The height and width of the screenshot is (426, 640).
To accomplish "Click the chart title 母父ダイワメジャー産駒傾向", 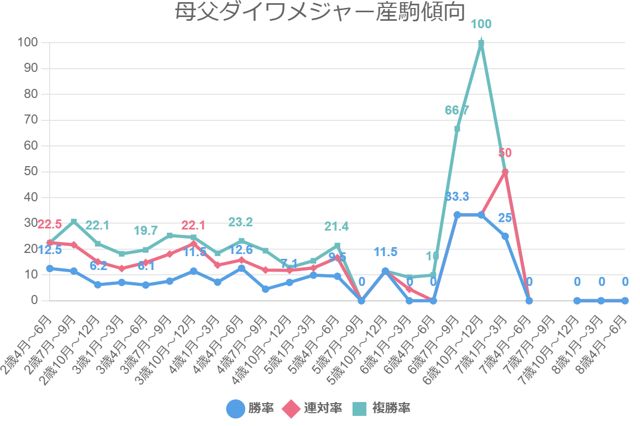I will pos(320,13).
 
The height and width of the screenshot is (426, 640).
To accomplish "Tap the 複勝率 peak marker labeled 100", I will pos(481,43).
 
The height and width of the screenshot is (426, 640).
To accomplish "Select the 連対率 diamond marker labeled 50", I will pos(505,171).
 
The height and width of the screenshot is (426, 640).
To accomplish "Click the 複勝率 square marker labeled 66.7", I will pos(457,128).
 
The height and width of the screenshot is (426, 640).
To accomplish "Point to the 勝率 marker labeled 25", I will pos(505,236).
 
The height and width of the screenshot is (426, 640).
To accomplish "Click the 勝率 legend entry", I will pos(251,408).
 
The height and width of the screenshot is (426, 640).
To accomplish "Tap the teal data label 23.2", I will pos(241,222).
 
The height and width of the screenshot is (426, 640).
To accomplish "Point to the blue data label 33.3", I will pos(457,196).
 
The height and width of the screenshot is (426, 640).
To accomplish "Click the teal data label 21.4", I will pos(337,226).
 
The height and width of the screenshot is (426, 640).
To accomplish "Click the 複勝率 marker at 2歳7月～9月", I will pos(74,222).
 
